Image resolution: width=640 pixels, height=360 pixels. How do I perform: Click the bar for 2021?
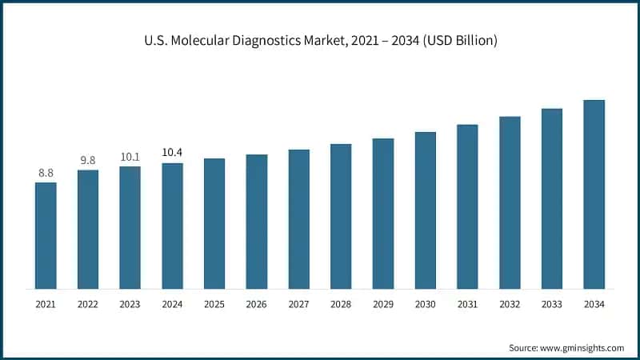click(x=46, y=235)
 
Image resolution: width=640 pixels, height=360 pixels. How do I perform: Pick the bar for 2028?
click(x=341, y=216)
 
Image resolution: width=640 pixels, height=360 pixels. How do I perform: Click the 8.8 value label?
click(x=46, y=172)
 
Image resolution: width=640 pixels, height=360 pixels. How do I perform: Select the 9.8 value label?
click(x=88, y=160)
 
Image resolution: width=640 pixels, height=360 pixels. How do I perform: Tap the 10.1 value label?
click(x=130, y=157)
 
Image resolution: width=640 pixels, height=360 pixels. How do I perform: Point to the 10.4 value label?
click(x=172, y=153)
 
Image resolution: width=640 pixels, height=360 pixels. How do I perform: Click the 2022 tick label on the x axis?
click(x=88, y=305)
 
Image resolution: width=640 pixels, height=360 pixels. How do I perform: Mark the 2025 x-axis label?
click(x=214, y=305)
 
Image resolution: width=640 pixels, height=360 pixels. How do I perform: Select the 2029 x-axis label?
click(x=383, y=305)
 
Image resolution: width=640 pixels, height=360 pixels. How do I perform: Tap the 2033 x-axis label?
click(x=552, y=305)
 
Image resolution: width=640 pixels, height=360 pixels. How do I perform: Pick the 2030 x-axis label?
click(x=426, y=305)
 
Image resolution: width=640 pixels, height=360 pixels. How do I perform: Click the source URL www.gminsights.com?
click(x=582, y=348)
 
